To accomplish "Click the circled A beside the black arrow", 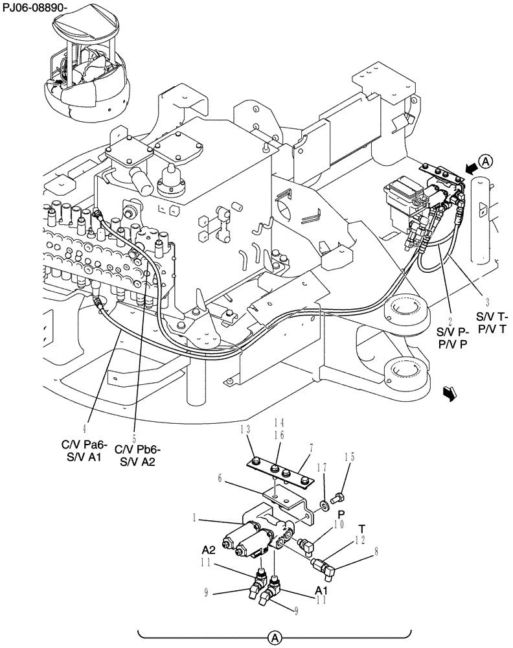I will [x=486, y=160].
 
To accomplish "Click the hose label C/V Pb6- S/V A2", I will [x=137, y=455].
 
